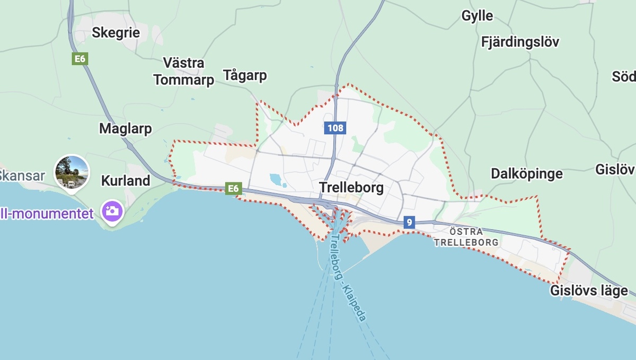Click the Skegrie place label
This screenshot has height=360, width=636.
coord(116,32)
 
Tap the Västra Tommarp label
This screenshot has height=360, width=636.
coord(183,72)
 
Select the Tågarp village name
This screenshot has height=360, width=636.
coord(245,75)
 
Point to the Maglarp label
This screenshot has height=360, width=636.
coord(126,128)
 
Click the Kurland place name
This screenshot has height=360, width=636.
coord(126,180)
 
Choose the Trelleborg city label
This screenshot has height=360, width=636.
coord(351,187)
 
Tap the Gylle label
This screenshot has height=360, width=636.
coord(477,16)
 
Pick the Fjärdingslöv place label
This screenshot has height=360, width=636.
coord(520,42)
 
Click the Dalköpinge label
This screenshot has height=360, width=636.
coord(527,173)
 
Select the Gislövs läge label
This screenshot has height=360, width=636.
coord(589,291)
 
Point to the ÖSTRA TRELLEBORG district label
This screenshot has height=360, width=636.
coord(466,237)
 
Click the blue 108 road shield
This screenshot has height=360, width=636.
coord(335,128)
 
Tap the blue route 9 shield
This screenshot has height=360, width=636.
coord(408,222)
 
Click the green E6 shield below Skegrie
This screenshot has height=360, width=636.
coord(80,58)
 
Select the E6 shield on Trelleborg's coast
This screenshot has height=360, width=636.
coord(233,188)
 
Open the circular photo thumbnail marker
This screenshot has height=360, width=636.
coord(72,171)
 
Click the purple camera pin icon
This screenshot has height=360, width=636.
coord(112,212)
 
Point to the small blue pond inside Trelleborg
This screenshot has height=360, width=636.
coord(276,180)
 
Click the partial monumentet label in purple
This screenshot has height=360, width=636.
coord(47,214)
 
